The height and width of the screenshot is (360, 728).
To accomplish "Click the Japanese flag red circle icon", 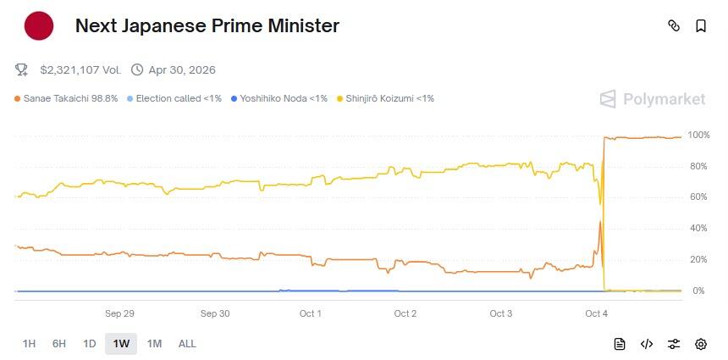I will point(39,26).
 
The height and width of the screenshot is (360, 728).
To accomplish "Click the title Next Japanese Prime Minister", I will point(207,26).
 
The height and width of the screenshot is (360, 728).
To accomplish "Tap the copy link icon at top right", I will point(674,26).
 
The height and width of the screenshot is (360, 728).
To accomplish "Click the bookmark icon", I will point(701,26).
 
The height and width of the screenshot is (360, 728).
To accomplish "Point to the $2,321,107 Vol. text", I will point(80,69).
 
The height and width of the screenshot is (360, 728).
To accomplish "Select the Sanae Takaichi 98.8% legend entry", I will point(66,98).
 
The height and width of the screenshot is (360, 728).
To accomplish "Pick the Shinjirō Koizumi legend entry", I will point(385,98).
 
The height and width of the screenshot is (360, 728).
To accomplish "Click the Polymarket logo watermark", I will point(653,99).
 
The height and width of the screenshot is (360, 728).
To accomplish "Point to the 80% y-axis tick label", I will point(698,166).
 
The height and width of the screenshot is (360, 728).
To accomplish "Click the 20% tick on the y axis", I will point(698,259).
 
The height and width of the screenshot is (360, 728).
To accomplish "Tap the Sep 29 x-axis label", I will point(119,313).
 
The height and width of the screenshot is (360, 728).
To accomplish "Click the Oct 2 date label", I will point(405,313).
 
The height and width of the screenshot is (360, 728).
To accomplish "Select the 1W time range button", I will point(121,344).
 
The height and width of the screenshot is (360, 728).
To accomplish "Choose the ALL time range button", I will point(187,344).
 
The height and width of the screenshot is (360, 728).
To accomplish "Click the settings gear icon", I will point(701,344).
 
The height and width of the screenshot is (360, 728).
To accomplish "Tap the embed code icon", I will point(647,344).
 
